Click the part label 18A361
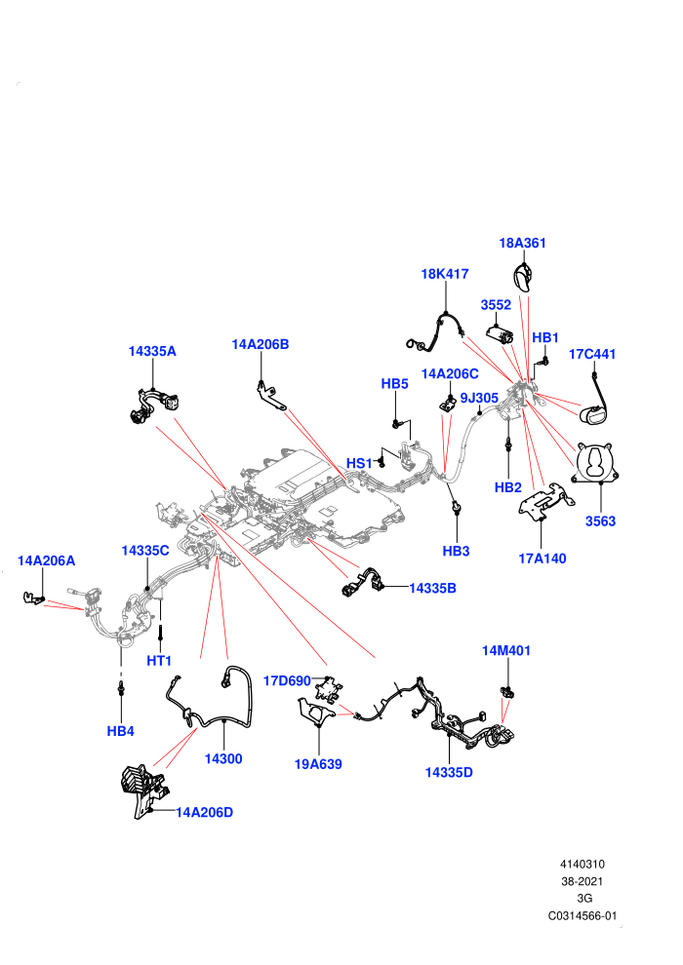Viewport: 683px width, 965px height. (x=522, y=243)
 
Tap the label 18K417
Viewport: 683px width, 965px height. (x=445, y=274)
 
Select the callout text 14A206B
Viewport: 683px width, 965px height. (x=260, y=344)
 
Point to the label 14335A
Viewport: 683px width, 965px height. (x=152, y=351)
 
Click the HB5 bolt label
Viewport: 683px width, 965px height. (x=395, y=383)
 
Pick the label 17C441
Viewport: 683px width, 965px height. (x=592, y=354)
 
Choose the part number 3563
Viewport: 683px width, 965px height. (x=600, y=521)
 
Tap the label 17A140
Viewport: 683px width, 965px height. (x=542, y=559)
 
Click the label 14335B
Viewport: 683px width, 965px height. (x=433, y=589)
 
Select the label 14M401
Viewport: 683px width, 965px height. (x=505, y=650)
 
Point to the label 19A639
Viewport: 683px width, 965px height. (x=318, y=764)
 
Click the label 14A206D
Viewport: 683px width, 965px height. (x=205, y=812)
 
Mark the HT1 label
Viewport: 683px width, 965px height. (x=159, y=661)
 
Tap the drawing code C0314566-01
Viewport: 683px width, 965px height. (x=582, y=915)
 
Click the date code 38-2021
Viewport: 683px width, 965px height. (x=582, y=881)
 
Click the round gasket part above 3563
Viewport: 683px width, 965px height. (x=595, y=463)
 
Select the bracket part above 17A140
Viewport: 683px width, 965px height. (x=545, y=502)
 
